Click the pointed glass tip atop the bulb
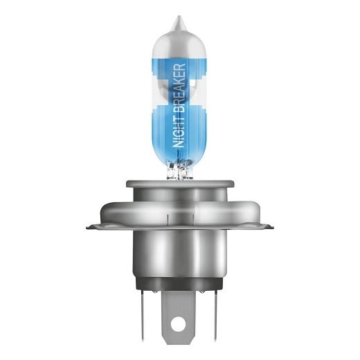(180, 21)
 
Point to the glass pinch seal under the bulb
(180, 170)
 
